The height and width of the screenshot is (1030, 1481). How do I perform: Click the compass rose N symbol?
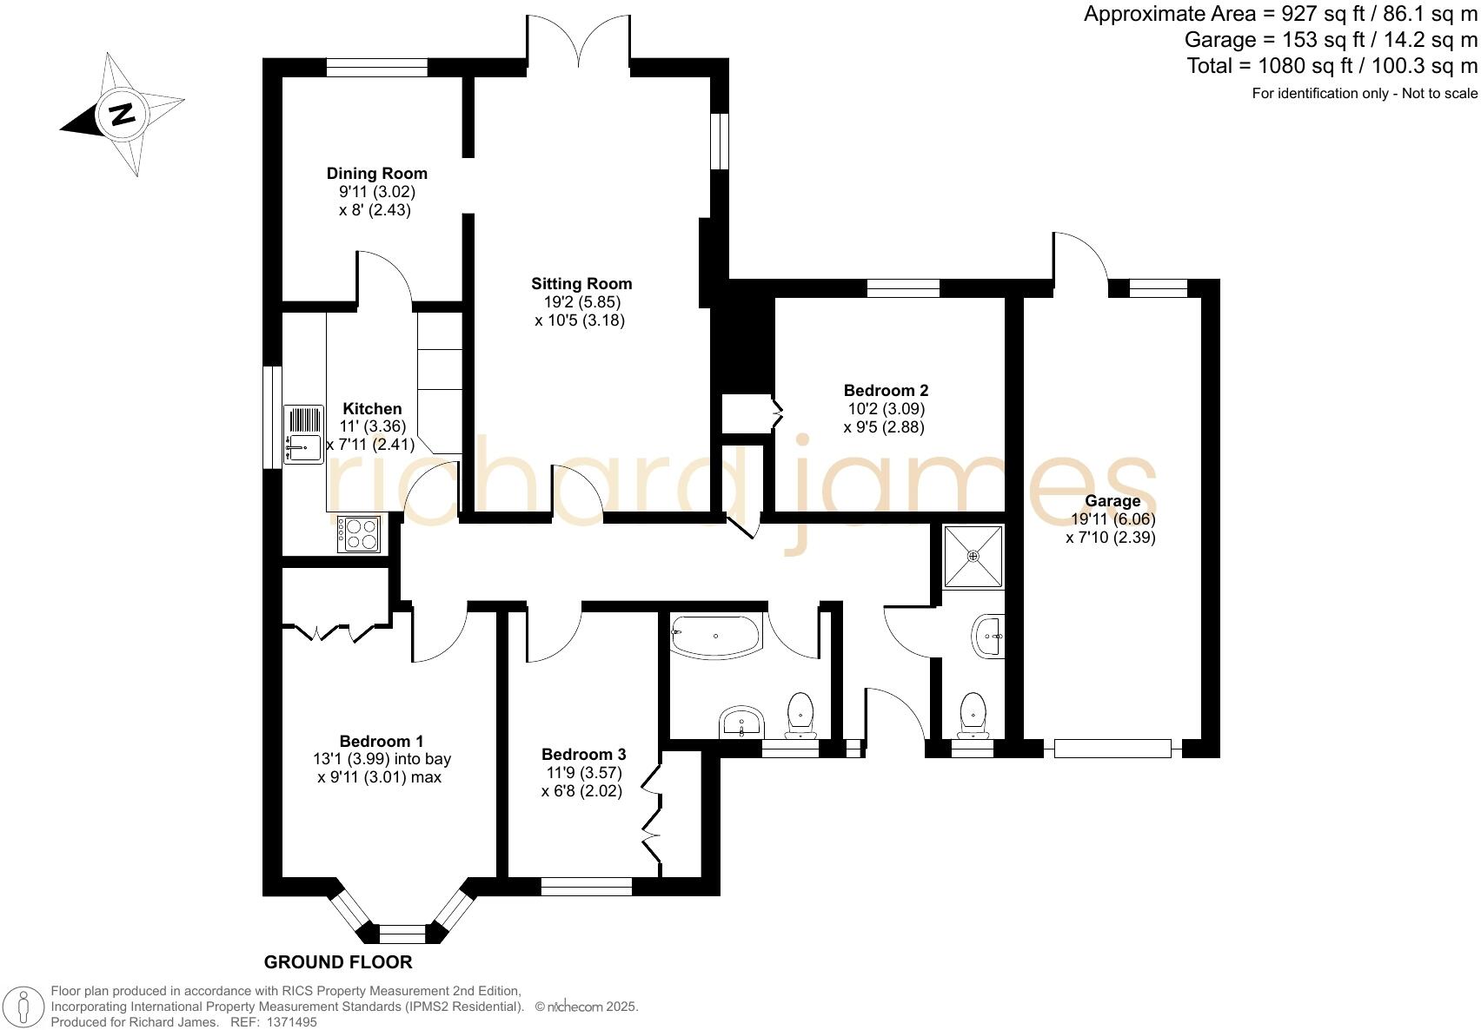(121, 114)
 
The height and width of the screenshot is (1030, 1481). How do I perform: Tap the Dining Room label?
(376, 174)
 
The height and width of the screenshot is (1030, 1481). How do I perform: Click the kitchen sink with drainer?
(302, 433)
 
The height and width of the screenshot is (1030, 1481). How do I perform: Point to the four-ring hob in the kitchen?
(360, 534)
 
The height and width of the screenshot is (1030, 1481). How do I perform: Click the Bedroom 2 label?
(886, 391)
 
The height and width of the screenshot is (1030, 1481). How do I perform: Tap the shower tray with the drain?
(973, 556)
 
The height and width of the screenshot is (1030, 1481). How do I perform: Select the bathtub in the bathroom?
(716, 637)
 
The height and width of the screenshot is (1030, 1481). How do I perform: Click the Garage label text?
(1112, 501)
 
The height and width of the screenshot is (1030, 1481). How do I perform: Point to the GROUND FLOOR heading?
(337, 962)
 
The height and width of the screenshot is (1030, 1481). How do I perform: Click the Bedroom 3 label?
(583, 755)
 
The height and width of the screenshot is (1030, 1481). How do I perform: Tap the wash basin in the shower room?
(988, 636)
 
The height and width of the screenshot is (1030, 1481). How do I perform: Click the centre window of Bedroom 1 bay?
(402, 934)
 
